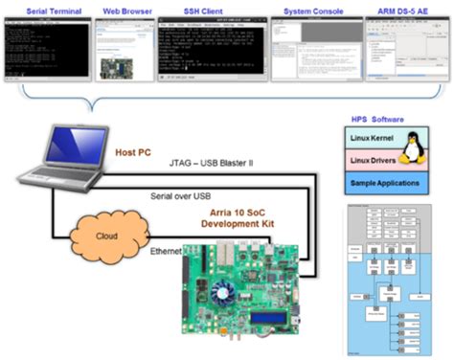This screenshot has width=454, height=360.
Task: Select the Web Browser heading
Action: tap(127, 8)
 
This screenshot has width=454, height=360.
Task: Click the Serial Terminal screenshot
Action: tap(42, 47)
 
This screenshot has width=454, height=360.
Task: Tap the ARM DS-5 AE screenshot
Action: tap(403, 47)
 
